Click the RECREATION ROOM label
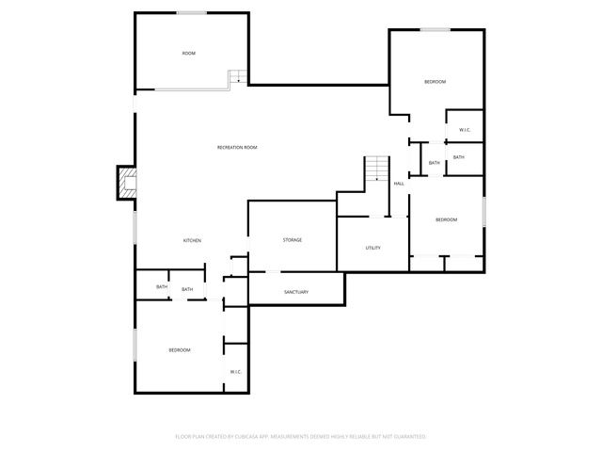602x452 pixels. pos(237,148)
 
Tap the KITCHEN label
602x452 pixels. pos(192,241)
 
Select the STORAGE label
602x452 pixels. pos(293,240)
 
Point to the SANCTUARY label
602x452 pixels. pos(296,292)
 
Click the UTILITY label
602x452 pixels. pos(372,248)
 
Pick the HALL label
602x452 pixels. pos(399,183)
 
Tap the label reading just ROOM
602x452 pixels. pos(189,54)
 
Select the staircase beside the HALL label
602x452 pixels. pos(377,169)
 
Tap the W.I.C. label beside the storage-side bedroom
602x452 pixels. pos(235,372)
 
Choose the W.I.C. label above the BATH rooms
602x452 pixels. pos(465,129)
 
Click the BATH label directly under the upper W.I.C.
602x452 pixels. pos(458,157)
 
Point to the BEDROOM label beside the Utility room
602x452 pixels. pos(446,219)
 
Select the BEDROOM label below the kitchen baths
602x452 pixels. pos(179,350)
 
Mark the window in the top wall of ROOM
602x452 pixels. pos(193,12)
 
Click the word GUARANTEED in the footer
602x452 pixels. pos(409,437)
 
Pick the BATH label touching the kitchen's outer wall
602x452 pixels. pos(162,287)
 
